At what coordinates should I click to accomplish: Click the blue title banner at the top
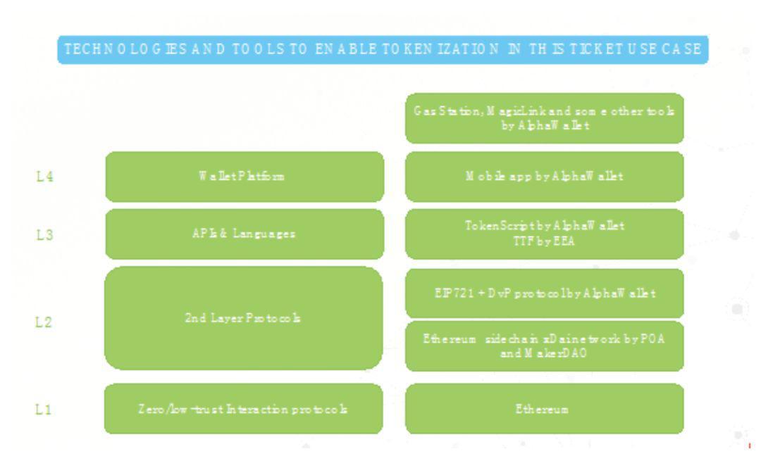[383, 50]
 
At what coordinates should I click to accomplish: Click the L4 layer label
[44, 177]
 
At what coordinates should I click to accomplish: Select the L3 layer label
[44, 235]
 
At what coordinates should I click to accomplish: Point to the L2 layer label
[44, 322]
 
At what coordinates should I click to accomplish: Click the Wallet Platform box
[245, 177]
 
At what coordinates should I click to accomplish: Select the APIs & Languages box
[245, 234]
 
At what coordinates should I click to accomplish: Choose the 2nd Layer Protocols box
[244, 318]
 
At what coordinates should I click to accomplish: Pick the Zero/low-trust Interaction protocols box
[244, 409]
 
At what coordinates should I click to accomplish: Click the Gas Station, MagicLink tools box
[544, 118]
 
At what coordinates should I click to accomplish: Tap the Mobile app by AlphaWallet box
[544, 177]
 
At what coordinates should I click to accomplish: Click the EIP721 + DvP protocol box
[544, 293]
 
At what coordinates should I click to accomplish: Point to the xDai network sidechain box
[544, 346]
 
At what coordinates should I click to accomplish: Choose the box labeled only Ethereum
[544, 409]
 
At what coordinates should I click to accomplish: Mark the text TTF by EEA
[544, 241]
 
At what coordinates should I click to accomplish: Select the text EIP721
[447, 293]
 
